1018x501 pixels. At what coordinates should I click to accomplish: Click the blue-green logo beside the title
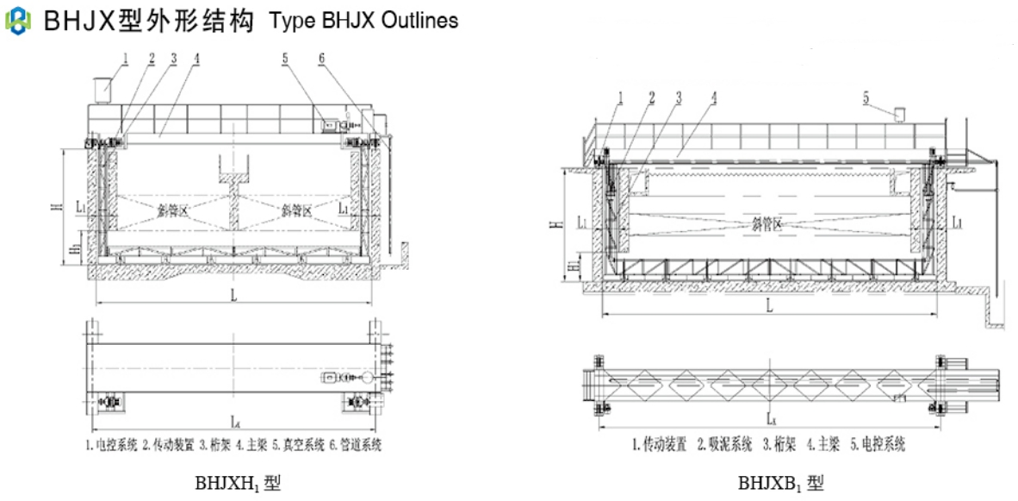click(17, 20)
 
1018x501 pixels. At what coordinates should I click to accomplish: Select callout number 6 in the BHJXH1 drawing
click(321, 58)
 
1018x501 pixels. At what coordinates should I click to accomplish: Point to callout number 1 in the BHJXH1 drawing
click(126, 58)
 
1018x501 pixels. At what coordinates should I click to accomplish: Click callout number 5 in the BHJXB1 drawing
click(866, 97)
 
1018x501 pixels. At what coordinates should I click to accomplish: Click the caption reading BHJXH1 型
click(238, 483)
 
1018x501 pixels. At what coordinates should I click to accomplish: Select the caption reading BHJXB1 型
click(780, 483)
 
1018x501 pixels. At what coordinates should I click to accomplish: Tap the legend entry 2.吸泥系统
click(723, 445)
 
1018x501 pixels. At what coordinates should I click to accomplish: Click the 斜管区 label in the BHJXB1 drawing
click(767, 224)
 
